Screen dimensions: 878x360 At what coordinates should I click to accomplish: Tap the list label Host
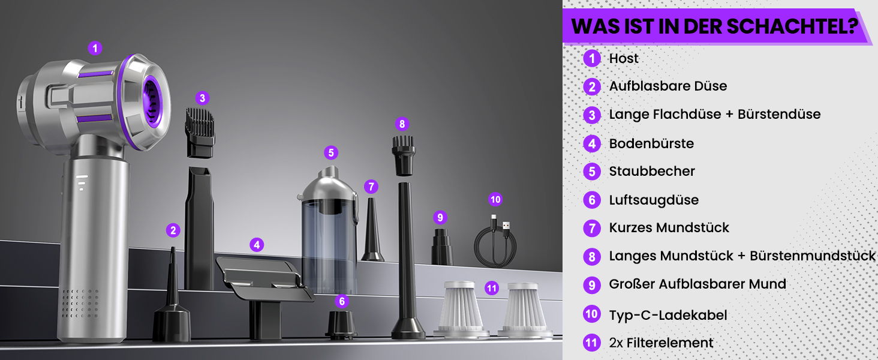[624, 58]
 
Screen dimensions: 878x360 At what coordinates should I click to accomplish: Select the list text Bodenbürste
[651, 143]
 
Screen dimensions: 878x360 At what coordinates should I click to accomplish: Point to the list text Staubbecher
[652, 172]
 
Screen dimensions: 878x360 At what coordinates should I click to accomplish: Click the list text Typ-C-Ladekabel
[668, 315]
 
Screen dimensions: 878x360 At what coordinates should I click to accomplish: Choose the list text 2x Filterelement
[661, 343]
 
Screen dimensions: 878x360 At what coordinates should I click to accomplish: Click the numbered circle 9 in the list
[592, 285]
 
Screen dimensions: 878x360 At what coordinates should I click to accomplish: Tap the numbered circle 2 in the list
[592, 86]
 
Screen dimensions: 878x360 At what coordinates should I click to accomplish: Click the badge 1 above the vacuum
[95, 48]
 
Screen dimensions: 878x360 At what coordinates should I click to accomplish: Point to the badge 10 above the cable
[495, 200]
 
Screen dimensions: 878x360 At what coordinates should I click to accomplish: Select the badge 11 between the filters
[492, 289]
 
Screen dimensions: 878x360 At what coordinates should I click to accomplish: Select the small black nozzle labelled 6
[341, 325]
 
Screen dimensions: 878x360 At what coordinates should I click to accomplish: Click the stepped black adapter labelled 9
[442, 247]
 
